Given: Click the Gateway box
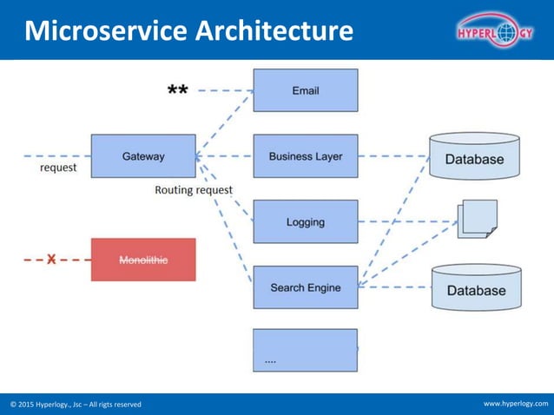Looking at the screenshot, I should coord(143,156).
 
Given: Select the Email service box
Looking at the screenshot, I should coord(305,90).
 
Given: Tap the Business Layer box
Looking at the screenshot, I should coord(305,156).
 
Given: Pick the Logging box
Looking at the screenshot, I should coord(305,222).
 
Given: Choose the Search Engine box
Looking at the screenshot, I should coord(305,287).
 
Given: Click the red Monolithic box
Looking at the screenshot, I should coord(143,260).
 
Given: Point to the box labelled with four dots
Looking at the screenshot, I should coord(305,350).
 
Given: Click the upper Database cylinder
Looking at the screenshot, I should coord(474,156).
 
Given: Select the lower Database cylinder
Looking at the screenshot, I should coord(476,288).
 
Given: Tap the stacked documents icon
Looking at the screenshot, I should coord(478,218).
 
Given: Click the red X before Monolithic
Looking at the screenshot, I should coord(51,259).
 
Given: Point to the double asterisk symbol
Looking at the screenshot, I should coord(177,91).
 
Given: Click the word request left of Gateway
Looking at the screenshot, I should coord(58,168).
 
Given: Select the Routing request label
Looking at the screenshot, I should coord(194,189).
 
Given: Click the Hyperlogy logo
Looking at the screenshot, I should coord(495,32).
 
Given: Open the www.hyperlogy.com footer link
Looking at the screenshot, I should coord(516,404).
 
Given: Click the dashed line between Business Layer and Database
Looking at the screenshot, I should coord(392,156).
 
